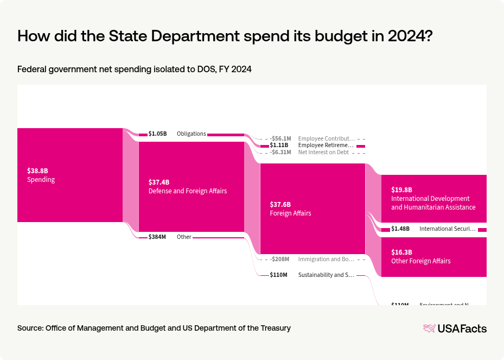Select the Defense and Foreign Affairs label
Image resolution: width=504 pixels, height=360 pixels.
[187, 191]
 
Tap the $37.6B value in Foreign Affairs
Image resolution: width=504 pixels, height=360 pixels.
[280, 204]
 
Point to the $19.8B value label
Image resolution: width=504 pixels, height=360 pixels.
[402, 190]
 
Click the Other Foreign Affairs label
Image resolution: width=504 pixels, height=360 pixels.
[420, 261]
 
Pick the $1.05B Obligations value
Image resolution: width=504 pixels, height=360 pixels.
[157, 134]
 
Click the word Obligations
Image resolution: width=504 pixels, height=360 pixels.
[191, 134]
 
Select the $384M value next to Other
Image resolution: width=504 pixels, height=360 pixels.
[157, 237]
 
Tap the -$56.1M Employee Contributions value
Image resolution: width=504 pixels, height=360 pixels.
[280, 138]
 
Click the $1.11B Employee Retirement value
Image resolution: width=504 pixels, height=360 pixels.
[279, 146]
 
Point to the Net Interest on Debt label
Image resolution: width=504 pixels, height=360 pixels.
[323, 153]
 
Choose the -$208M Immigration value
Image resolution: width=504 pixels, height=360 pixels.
[279, 260]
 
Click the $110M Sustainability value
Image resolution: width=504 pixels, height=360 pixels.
[278, 275]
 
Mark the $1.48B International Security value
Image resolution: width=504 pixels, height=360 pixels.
[400, 229]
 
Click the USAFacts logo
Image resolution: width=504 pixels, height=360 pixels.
[455, 329]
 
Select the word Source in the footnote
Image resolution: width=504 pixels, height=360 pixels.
[30, 328]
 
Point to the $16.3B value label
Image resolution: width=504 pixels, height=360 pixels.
[402, 252]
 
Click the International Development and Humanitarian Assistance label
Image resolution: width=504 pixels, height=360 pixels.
[433, 203]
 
